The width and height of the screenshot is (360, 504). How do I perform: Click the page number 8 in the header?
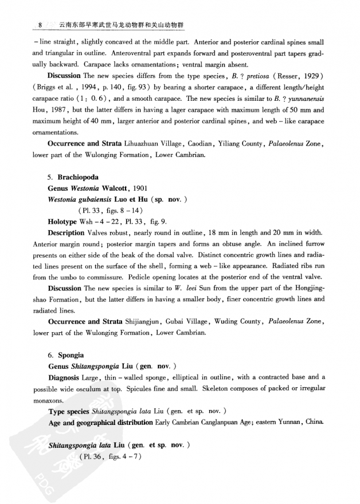(x=40, y=26)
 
